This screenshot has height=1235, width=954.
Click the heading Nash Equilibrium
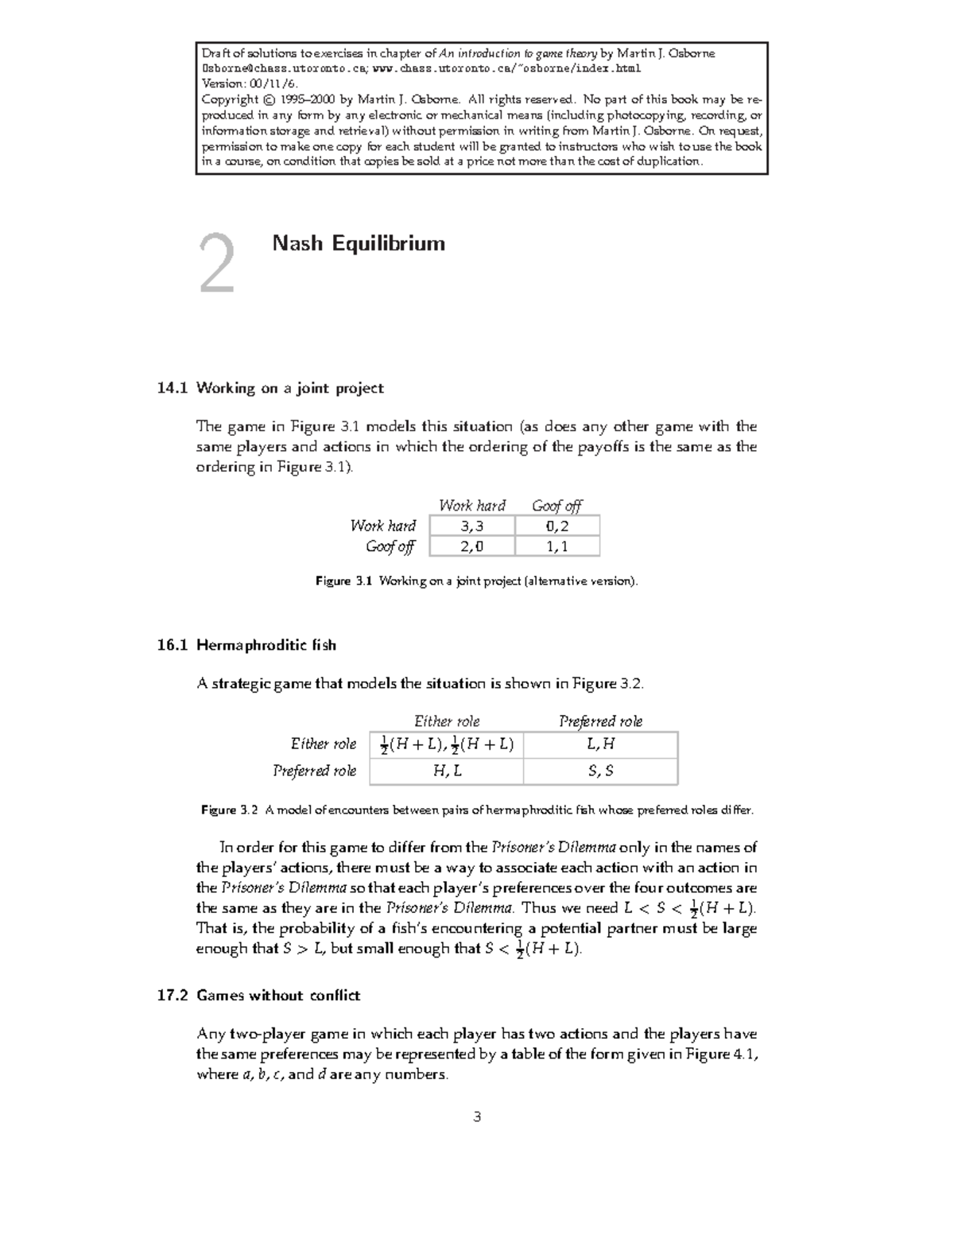(359, 243)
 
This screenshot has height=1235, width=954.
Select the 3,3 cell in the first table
(471, 526)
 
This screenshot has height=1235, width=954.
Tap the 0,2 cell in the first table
(557, 526)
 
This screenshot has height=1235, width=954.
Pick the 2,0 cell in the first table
(471, 546)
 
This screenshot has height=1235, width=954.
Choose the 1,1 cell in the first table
(557, 546)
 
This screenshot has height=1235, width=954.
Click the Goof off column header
(556, 506)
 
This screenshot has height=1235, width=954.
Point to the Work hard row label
(383, 526)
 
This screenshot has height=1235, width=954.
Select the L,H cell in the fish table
(600, 744)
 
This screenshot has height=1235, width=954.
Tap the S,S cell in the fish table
(600, 771)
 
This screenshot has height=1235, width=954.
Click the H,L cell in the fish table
(447, 771)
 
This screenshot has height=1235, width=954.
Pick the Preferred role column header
(600, 721)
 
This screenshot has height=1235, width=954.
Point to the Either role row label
(323, 744)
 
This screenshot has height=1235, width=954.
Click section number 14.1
(173, 388)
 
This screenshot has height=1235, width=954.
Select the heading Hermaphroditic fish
(266, 645)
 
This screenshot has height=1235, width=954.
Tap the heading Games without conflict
(278, 996)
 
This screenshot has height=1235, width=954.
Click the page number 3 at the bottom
(477, 1117)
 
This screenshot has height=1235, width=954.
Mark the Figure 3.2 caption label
(230, 810)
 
